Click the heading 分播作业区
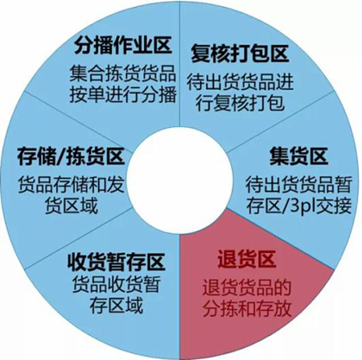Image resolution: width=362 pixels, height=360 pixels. (x=122, y=45)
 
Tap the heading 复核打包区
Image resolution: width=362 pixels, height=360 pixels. (x=240, y=54)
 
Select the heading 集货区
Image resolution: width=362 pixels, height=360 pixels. (x=298, y=156)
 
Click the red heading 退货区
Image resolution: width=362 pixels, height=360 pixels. (x=246, y=260)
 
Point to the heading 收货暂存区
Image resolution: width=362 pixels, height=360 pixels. (x=116, y=262)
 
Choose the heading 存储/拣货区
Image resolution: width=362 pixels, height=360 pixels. (x=71, y=156)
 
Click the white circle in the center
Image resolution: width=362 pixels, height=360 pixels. (x=179, y=180)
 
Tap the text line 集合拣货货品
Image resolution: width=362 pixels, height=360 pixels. (x=122, y=73)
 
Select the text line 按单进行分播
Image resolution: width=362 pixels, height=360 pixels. (x=122, y=94)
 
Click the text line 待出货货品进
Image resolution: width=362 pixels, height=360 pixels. (x=240, y=82)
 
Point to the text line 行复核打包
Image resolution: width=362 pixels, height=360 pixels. (x=240, y=103)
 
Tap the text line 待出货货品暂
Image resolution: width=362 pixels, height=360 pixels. (x=298, y=184)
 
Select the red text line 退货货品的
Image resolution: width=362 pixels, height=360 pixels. (x=247, y=288)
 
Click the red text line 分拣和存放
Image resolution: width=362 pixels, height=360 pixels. (x=247, y=309)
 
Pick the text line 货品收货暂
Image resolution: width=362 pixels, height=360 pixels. (x=116, y=284)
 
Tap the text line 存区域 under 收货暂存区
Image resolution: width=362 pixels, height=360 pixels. (x=116, y=305)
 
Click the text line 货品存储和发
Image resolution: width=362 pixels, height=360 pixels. (x=71, y=184)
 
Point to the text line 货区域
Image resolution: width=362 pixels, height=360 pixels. (x=71, y=206)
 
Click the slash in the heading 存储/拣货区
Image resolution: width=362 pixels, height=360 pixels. (x=60, y=156)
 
